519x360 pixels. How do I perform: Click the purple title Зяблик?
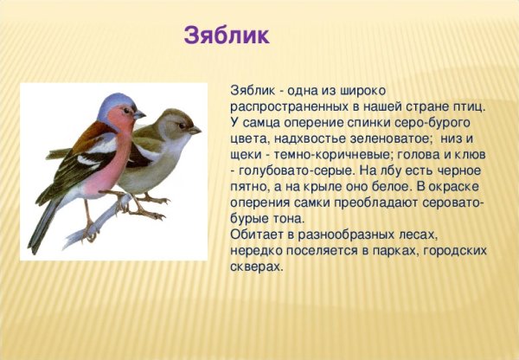(227, 36)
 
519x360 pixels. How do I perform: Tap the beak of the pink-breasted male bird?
(139, 113)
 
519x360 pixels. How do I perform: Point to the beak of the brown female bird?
(195, 130)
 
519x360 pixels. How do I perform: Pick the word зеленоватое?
(392, 138)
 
